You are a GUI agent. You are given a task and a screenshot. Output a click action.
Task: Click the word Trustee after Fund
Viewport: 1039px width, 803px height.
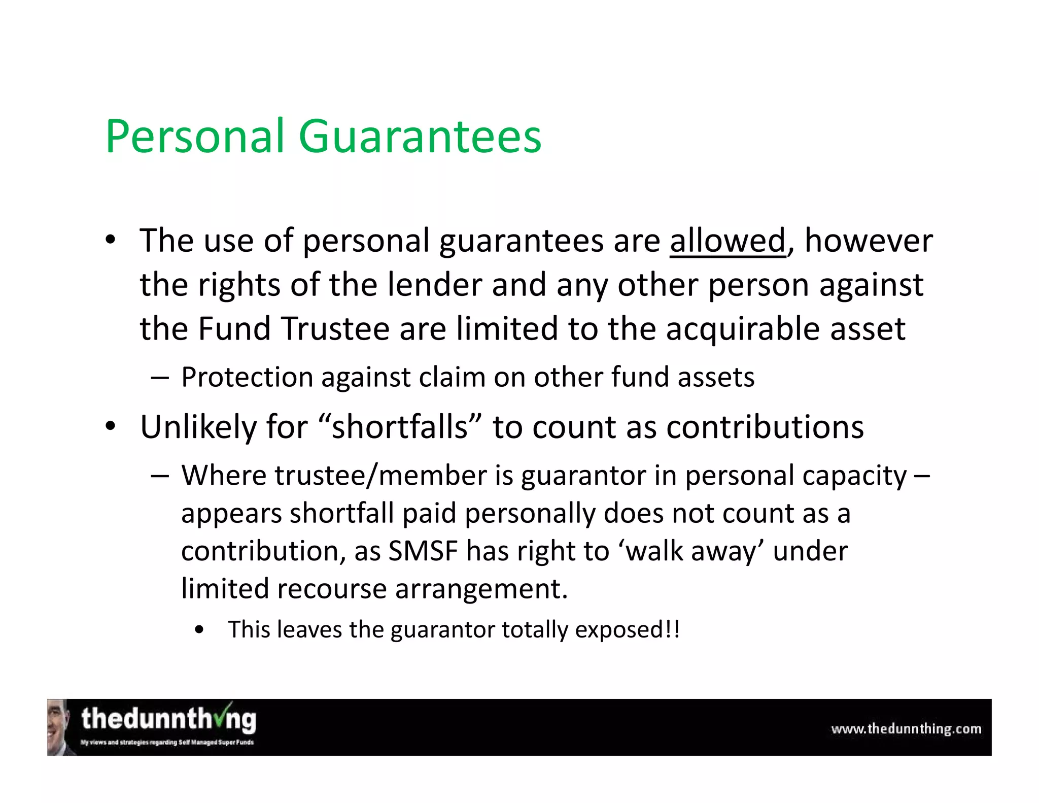pyautogui.click(x=335, y=328)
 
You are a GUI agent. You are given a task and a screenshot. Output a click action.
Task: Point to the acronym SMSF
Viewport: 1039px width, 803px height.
pyautogui.click(x=422, y=551)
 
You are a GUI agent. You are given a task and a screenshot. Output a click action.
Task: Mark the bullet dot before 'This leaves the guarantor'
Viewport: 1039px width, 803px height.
pyautogui.click(x=199, y=630)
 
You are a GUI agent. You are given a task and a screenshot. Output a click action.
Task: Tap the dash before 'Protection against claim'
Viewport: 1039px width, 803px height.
pyautogui.click(x=159, y=378)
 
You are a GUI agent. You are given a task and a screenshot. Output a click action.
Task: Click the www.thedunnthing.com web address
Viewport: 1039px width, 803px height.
pyautogui.click(x=906, y=729)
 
